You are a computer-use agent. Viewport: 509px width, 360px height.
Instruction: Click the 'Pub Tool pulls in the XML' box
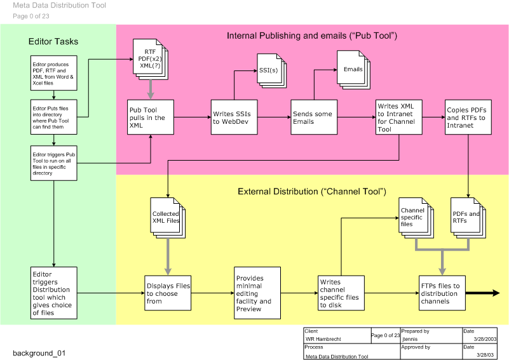pos(150,117)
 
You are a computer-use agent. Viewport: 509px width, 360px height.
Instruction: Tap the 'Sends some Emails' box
pos(313,117)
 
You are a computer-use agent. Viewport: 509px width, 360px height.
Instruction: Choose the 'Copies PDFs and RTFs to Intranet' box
pos(468,117)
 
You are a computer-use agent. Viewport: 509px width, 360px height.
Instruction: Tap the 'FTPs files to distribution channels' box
pos(441,293)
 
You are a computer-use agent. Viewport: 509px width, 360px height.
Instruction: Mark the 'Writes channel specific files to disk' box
pos(341,293)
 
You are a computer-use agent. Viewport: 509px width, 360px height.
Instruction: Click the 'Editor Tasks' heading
pos(53,42)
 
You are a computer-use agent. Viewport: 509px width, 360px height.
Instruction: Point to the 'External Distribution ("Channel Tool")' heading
pos(311,191)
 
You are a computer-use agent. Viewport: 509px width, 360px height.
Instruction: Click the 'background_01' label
pos(39,352)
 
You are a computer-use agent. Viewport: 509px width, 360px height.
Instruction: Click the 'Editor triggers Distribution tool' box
pos(54,293)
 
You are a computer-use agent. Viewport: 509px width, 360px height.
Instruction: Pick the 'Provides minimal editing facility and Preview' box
pos(257,293)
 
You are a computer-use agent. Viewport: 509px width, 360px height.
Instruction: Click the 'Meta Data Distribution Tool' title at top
pos(60,6)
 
